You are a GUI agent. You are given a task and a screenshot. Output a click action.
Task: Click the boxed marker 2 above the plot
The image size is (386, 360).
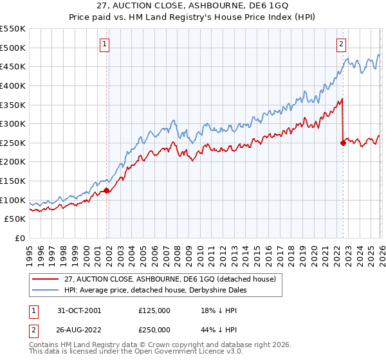[341, 44]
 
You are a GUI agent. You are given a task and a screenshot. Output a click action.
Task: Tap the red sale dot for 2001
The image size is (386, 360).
[107, 190]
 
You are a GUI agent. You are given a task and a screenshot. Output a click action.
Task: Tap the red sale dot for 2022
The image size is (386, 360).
[343, 143]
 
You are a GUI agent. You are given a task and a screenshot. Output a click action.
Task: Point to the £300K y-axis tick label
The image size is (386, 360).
[12, 123]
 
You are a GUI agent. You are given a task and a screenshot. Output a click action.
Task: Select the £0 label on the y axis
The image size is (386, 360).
[19, 238]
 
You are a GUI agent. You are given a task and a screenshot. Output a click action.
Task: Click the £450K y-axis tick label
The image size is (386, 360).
[12, 66]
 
